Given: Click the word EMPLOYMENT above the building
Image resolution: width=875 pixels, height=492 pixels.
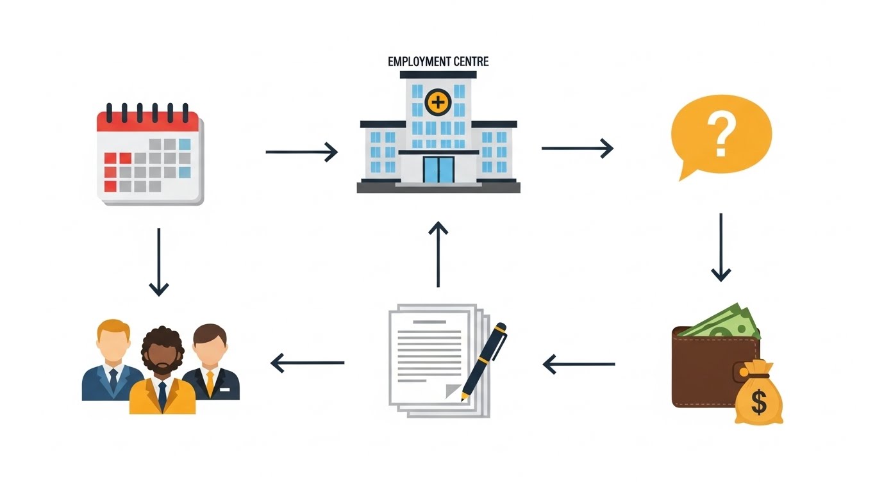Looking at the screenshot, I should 419,62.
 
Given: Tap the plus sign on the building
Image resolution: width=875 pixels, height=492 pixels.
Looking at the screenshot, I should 438,102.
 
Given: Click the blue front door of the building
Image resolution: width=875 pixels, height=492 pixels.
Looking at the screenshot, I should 438,169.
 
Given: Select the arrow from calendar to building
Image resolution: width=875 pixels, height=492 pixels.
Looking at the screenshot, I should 301,152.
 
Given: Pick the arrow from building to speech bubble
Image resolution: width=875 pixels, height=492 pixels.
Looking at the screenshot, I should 577,149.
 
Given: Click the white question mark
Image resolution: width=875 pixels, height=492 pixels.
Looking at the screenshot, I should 721,135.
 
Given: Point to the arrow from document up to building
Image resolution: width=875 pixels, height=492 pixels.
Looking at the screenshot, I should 438,254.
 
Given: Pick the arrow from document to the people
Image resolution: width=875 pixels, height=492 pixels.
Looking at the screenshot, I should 308,363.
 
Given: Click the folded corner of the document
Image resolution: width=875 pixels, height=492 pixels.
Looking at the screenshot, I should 454,390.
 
